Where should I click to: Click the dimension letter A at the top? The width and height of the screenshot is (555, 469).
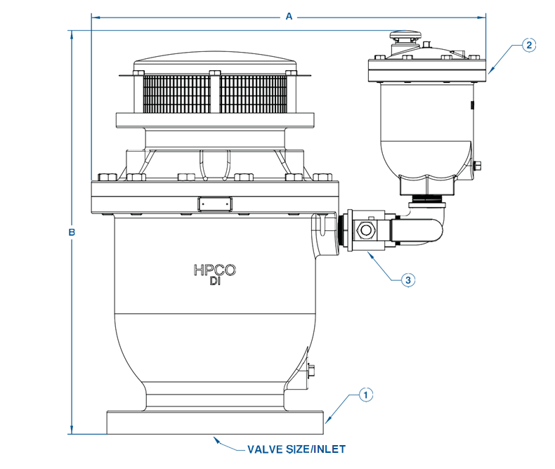click(289, 16)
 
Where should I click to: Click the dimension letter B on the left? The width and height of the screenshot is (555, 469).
click(71, 232)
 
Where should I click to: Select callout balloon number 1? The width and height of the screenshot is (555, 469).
click(365, 395)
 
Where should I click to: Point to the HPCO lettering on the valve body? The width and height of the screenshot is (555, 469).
click(214, 270)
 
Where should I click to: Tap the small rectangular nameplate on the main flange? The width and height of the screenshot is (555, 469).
click(215, 204)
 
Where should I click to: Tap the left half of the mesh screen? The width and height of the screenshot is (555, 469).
click(180, 93)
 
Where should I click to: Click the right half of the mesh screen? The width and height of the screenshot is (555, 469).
click(253, 93)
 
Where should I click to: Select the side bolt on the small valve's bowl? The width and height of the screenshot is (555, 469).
click(478, 166)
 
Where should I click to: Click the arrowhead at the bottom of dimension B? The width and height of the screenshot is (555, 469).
click(71, 430)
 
